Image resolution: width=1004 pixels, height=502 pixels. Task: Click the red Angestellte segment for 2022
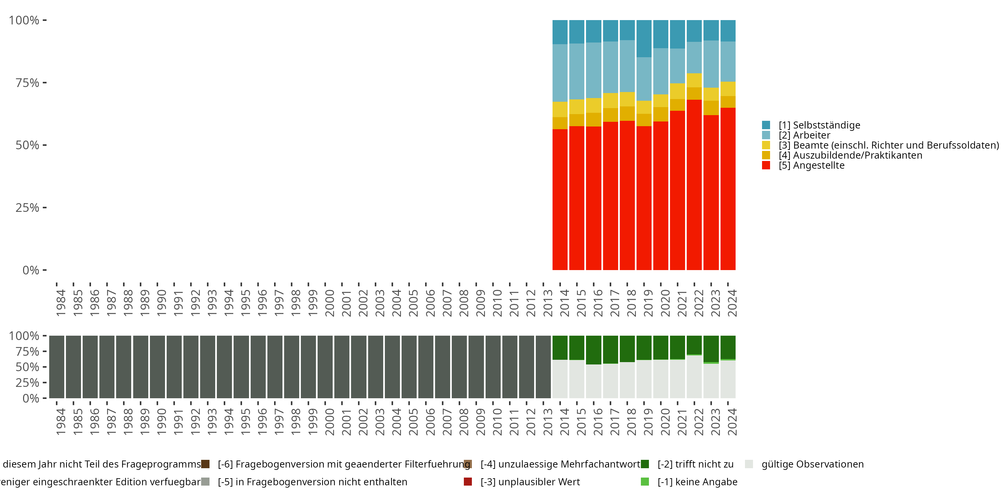tap(694, 185)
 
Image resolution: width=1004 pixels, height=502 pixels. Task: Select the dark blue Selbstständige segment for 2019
tap(644, 38)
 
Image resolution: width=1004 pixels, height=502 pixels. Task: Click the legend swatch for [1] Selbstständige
tap(766, 125)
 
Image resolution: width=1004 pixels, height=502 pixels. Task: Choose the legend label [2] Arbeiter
tap(805, 135)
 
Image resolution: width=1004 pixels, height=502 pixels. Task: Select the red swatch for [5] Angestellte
tap(766, 165)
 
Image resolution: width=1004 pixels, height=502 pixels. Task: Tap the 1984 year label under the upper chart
tap(61, 303)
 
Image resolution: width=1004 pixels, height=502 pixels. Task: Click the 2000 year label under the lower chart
tap(330, 422)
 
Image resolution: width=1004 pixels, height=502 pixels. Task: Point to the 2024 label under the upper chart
tap(732, 303)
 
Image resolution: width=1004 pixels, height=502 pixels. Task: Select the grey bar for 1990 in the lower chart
tap(157, 367)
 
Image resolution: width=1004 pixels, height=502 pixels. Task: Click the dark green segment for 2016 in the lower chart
tap(593, 350)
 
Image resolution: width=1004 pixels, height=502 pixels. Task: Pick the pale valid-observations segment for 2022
tap(694, 376)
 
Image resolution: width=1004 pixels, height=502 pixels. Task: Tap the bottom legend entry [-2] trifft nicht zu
tap(695, 464)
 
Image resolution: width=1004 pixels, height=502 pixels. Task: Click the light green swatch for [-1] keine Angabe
tap(645, 482)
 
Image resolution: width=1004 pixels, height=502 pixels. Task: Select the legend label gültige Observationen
tap(812, 464)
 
